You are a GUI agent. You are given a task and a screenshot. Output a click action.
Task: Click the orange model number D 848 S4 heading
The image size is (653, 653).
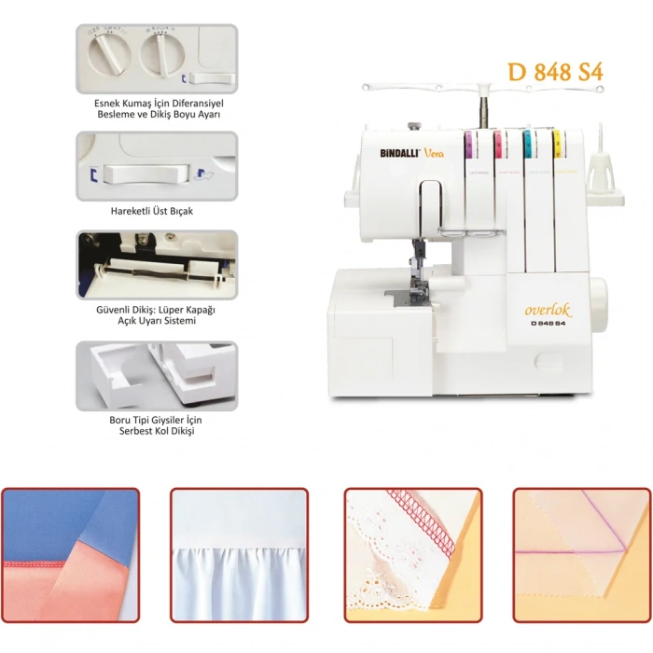click(555, 73)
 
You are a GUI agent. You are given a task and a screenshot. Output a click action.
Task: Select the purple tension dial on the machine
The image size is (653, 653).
click(470, 143)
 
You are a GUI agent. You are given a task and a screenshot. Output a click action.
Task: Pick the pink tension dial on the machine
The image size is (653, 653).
click(499, 143)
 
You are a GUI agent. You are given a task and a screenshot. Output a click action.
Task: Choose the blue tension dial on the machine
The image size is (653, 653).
click(528, 143)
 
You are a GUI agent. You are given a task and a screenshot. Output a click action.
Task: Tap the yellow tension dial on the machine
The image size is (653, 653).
click(558, 143)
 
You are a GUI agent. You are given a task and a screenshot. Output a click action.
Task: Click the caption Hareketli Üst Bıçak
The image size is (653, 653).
click(157, 212)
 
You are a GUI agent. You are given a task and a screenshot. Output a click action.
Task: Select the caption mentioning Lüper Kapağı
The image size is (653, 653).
click(157, 315)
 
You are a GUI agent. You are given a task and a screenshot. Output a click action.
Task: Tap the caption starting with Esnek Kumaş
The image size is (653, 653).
click(157, 107)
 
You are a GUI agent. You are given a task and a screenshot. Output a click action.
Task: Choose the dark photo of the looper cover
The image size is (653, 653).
click(157, 265)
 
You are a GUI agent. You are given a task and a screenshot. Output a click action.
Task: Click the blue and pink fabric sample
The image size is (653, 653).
click(70, 555)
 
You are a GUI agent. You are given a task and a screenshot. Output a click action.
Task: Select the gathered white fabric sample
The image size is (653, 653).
click(239, 555)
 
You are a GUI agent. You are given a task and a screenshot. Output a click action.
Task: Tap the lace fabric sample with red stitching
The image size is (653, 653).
click(413, 555)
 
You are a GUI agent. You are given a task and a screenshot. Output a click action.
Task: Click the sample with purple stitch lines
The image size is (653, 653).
click(581, 555)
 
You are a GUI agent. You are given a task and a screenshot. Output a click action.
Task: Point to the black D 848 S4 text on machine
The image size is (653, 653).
click(553, 325)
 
